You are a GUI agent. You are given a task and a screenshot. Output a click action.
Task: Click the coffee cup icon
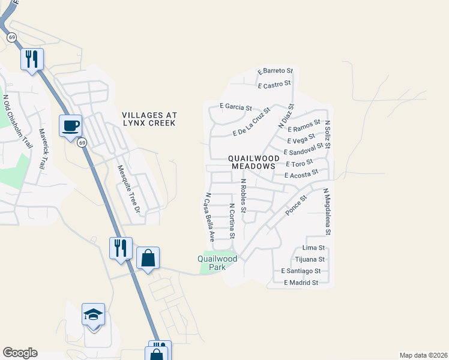[x=70, y=126]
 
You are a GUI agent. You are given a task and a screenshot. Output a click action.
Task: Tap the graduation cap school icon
[x=93, y=314]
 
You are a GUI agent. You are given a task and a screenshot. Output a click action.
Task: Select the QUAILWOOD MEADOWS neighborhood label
[x=252, y=162]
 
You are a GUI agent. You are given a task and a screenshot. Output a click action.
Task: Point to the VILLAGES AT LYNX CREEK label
[x=148, y=119]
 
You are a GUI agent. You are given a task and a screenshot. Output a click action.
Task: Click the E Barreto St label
[x=275, y=71]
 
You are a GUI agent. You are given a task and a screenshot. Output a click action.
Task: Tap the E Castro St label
[x=274, y=85]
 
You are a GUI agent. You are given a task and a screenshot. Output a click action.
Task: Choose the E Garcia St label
[x=235, y=107]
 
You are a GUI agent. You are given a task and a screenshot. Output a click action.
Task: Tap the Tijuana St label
[x=310, y=259]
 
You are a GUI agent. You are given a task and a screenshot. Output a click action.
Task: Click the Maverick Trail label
[x=42, y=148]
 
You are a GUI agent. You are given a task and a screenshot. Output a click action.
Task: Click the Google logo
[x=20, y=353]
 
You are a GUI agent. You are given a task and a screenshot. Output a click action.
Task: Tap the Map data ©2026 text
[x=423, y=355]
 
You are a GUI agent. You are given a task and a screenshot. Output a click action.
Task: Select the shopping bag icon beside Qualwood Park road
[x=148, y=259]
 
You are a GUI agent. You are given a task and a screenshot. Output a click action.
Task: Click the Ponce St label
[x=296, y=206]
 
